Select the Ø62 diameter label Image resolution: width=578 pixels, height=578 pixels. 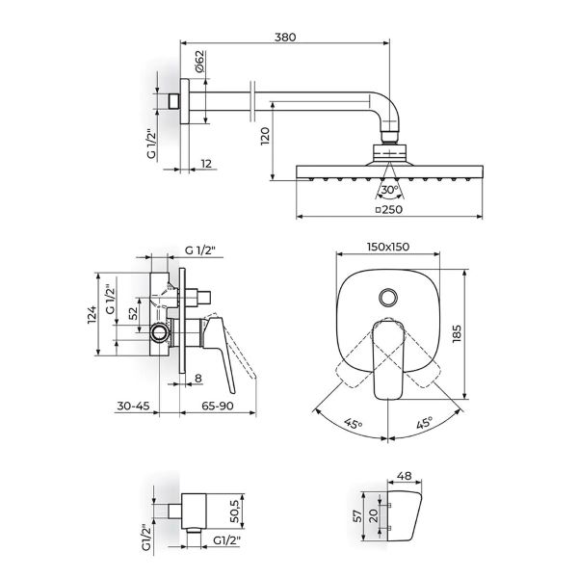197,64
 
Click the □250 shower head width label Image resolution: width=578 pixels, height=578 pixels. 387,209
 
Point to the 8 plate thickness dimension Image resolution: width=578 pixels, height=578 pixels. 197,379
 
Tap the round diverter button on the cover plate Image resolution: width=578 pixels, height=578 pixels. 387,298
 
